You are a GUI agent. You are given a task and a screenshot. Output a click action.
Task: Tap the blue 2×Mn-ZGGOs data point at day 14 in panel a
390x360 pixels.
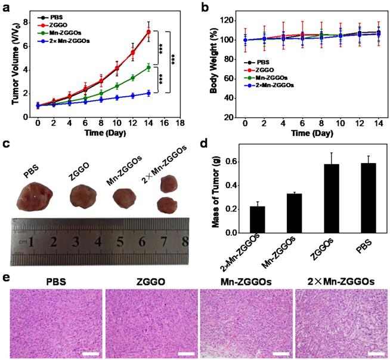(x=148, y=93)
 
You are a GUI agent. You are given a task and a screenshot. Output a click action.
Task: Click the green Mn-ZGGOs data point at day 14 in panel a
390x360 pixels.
(x=148, y=67)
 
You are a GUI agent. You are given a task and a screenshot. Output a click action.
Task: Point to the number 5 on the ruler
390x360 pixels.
(x=120, y=242)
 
